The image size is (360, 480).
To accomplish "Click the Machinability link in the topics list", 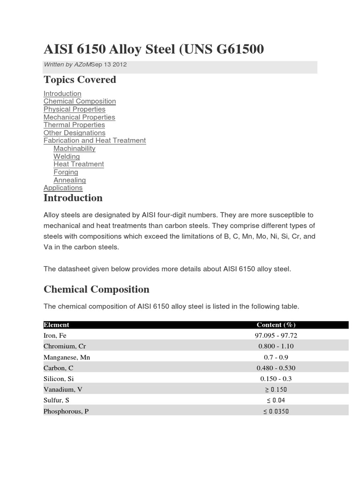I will (x=74, y=149).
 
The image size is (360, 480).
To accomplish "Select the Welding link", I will (x=67, y=157).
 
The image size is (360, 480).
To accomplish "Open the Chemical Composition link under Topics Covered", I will (x=80, y=101).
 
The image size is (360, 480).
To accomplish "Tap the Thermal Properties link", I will (x=74, y=125).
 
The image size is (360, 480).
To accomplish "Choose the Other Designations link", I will (x=75, y=133).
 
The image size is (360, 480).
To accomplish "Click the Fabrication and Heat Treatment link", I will (x=95, y=141).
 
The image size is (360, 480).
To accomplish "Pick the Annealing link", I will (x=69, y=180).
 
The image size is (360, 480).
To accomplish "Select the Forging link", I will (x=66, y=172).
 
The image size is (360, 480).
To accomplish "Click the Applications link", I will (x=63, y=188).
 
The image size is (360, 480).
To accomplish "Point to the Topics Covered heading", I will (x=80, y=80).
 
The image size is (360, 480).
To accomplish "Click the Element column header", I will (x=56, y=325).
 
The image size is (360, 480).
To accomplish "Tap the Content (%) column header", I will (x=276, y=325).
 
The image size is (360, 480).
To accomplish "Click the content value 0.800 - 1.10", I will (x=276, y=346).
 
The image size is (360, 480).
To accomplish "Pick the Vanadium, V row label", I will (x=61, y=390).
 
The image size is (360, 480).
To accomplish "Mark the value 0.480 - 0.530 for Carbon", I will (x=276, y=368).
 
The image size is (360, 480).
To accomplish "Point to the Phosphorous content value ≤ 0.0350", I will (x=276, y=411).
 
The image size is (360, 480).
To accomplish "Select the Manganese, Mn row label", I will (x=67, y=357).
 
